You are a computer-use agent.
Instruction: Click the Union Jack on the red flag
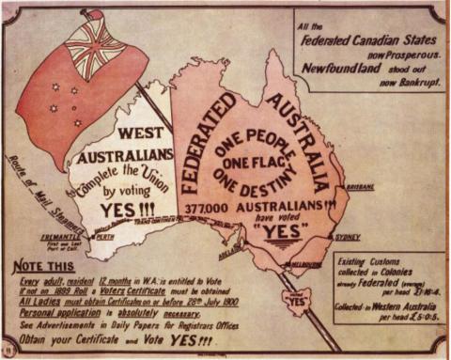pos(93,39)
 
